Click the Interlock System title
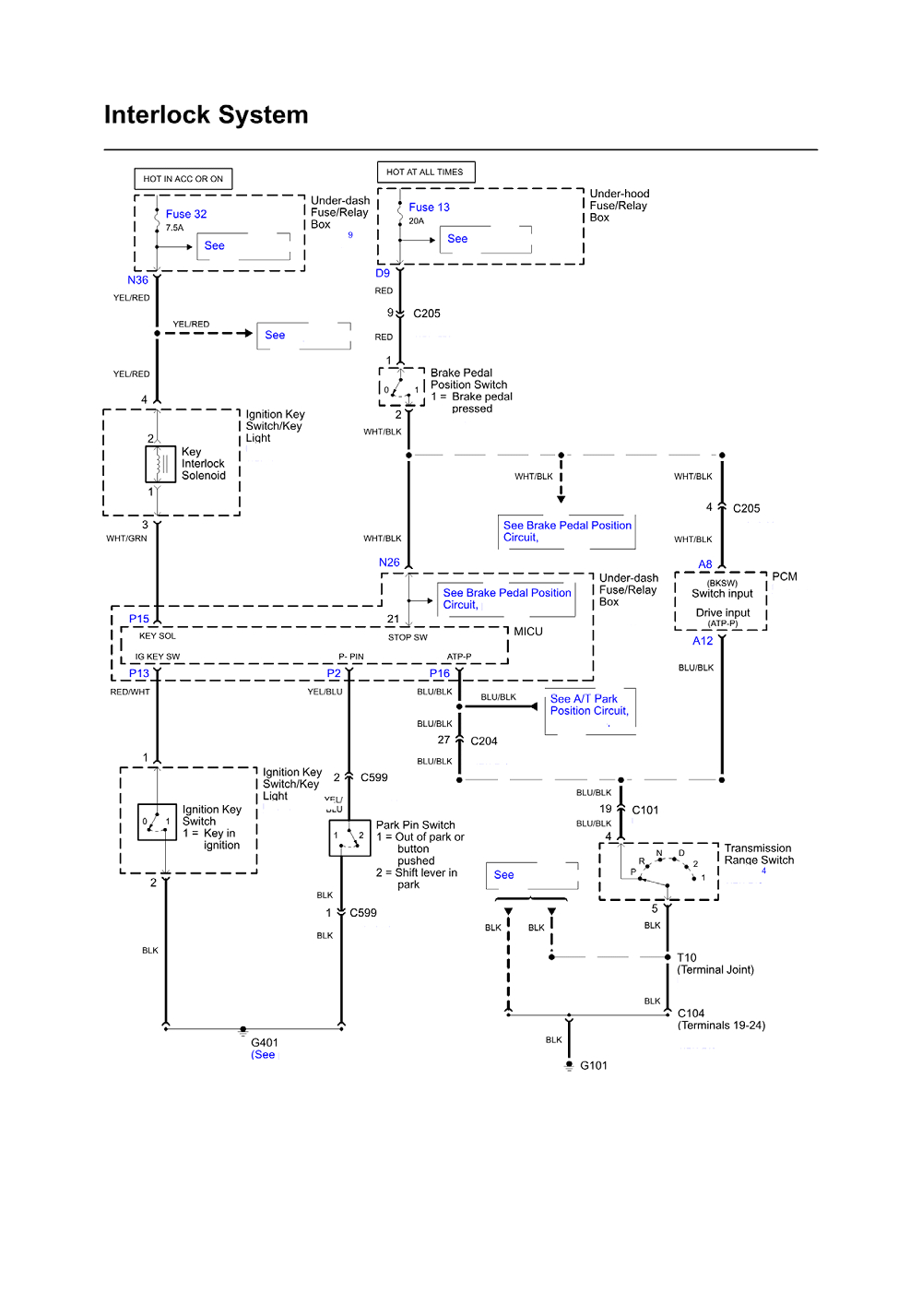point(206,115)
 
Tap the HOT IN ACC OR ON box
point(183,179)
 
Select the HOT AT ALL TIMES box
point(425,172)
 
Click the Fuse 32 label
point(186,214)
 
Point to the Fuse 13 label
point(429,207)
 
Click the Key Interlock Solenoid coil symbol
point(160,464)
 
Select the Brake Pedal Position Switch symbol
point(401,387)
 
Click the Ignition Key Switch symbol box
point(157,821)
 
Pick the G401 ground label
point(265,1043)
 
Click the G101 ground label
point(594,1066)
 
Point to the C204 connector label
point(484,741)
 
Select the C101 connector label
point(645,811)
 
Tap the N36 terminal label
point(137,280)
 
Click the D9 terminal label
point(383,274)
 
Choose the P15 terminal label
point(139,619)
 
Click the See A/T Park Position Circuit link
point(589,705)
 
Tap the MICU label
point(528,632)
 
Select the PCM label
point(785,577)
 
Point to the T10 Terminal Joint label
point(715,964)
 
